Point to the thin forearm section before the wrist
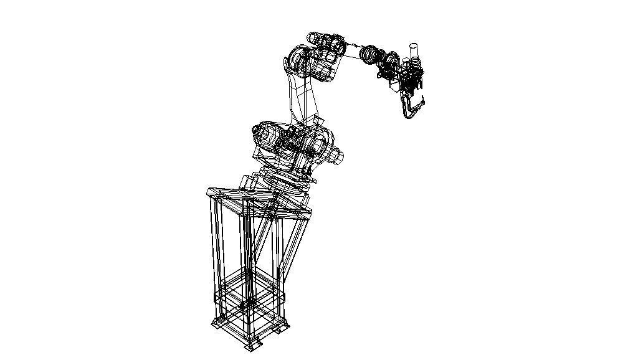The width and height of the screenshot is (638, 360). point(352,51)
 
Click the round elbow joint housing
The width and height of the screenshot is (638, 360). point(298,61)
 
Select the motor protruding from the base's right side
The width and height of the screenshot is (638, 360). point(336,156)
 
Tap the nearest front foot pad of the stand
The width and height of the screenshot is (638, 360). point(252,345)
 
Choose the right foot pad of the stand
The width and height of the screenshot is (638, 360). point(284,327)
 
